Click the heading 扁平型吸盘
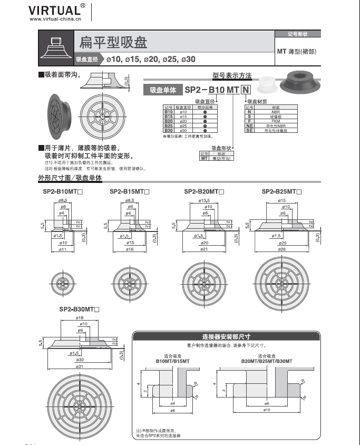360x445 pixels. (113, 42)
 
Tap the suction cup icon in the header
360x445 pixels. (56, 48)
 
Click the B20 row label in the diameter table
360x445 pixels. (169, 121)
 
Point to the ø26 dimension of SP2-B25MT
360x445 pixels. (282, 249)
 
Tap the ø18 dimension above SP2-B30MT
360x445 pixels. (80, 318)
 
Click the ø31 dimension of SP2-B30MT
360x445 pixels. (80, 365)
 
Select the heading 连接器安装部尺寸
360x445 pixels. (226, 336)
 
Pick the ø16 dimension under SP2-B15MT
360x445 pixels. (129, 249)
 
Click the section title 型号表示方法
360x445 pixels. (231, 75)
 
